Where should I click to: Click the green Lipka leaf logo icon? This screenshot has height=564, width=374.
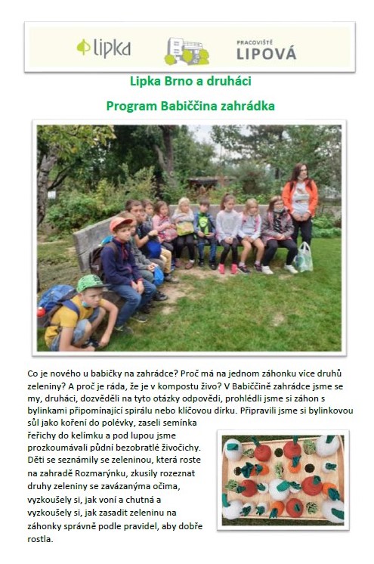click(x=83, y=48)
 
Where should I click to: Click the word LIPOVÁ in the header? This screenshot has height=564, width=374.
click(x=266, y=54)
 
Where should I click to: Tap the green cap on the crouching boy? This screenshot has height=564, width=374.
click(x=88, y=283)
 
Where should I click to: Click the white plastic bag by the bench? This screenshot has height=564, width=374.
click(x=304, y=257)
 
